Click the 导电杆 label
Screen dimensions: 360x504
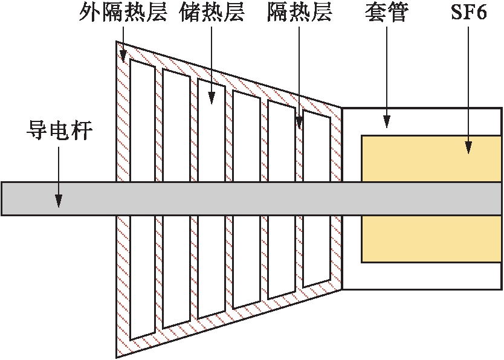[59, 130]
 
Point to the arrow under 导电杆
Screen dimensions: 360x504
[59, 175]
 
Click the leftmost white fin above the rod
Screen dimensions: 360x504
[143, 121]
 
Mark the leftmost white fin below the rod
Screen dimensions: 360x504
[143, 275]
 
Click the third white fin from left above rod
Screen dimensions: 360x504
[212, 133]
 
